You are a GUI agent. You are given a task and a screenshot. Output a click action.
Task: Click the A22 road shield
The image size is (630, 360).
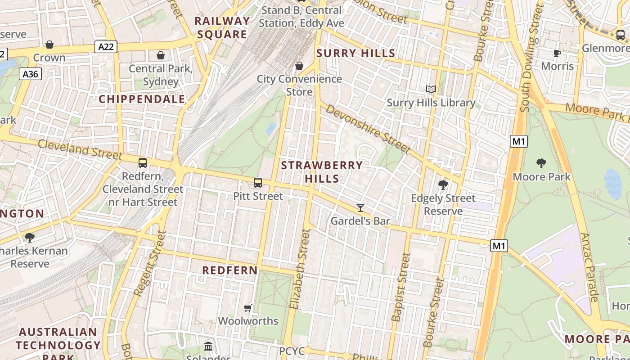pos(106,46)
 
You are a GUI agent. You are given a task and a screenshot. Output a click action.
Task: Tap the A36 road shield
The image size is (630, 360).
pos(31,74)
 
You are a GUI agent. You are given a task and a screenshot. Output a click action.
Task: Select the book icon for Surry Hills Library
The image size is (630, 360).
pos(431,90)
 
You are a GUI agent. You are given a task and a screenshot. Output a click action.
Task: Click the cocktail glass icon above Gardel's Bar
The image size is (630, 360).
pos(360,207)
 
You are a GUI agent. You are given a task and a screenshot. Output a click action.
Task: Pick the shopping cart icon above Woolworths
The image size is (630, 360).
pos(247,308)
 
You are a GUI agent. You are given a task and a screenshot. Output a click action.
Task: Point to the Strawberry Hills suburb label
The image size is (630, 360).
pos(322,172)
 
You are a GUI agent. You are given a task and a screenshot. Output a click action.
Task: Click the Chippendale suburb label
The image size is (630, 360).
pos(142,99)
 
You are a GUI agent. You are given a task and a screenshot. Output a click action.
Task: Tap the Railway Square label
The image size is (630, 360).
pos(222,27)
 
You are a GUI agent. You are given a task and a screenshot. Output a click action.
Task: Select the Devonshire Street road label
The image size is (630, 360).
pos(368,129)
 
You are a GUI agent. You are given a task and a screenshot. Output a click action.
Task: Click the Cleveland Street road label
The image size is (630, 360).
pos(80,149)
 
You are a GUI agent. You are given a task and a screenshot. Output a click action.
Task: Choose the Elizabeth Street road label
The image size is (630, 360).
pos(300,269)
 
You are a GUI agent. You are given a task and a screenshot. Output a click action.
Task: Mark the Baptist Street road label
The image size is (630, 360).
pos(401,287)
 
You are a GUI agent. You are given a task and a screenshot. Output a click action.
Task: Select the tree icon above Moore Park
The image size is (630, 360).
pos(541,163)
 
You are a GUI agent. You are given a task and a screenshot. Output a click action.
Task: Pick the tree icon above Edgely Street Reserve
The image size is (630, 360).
pos(443,184)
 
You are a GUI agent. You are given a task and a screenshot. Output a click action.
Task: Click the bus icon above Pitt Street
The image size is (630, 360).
pos(258,183)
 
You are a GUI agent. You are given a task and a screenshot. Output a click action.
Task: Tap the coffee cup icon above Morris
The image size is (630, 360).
pos(557,53)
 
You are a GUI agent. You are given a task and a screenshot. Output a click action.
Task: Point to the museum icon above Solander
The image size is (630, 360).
pos(208,346)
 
